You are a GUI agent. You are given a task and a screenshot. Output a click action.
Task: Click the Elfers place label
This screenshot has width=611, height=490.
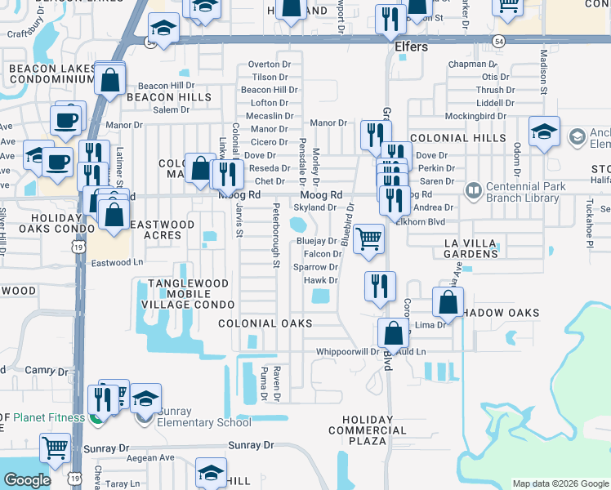coord(411,47)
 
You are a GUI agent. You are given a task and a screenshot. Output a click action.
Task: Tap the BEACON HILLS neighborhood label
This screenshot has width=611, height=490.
coord(168,97)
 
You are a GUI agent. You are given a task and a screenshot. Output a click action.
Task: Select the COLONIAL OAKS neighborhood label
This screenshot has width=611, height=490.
coord(265,323)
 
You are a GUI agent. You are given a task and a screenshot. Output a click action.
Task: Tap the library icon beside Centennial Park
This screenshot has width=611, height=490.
coord(472,190)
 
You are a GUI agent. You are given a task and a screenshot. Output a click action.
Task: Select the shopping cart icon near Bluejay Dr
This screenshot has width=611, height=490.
coord(369,238)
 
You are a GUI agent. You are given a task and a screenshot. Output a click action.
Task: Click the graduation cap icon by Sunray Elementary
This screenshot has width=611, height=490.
coord(145,399)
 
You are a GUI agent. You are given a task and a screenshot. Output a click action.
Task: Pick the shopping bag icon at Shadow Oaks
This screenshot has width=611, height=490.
coord(448,303)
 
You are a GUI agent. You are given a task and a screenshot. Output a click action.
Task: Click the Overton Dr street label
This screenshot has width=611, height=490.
coord(270,64)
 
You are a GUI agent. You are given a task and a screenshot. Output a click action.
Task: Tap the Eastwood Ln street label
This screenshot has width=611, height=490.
coord(117,263)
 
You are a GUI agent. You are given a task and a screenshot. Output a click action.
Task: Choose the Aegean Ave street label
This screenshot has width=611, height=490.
coord(150,458)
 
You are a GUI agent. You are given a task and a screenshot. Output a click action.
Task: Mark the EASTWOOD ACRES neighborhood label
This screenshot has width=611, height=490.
coord(163,229)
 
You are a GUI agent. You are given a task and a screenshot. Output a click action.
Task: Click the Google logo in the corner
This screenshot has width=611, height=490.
coord(27,480)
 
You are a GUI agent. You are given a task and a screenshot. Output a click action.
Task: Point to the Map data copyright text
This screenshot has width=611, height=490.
coord(560,483)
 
